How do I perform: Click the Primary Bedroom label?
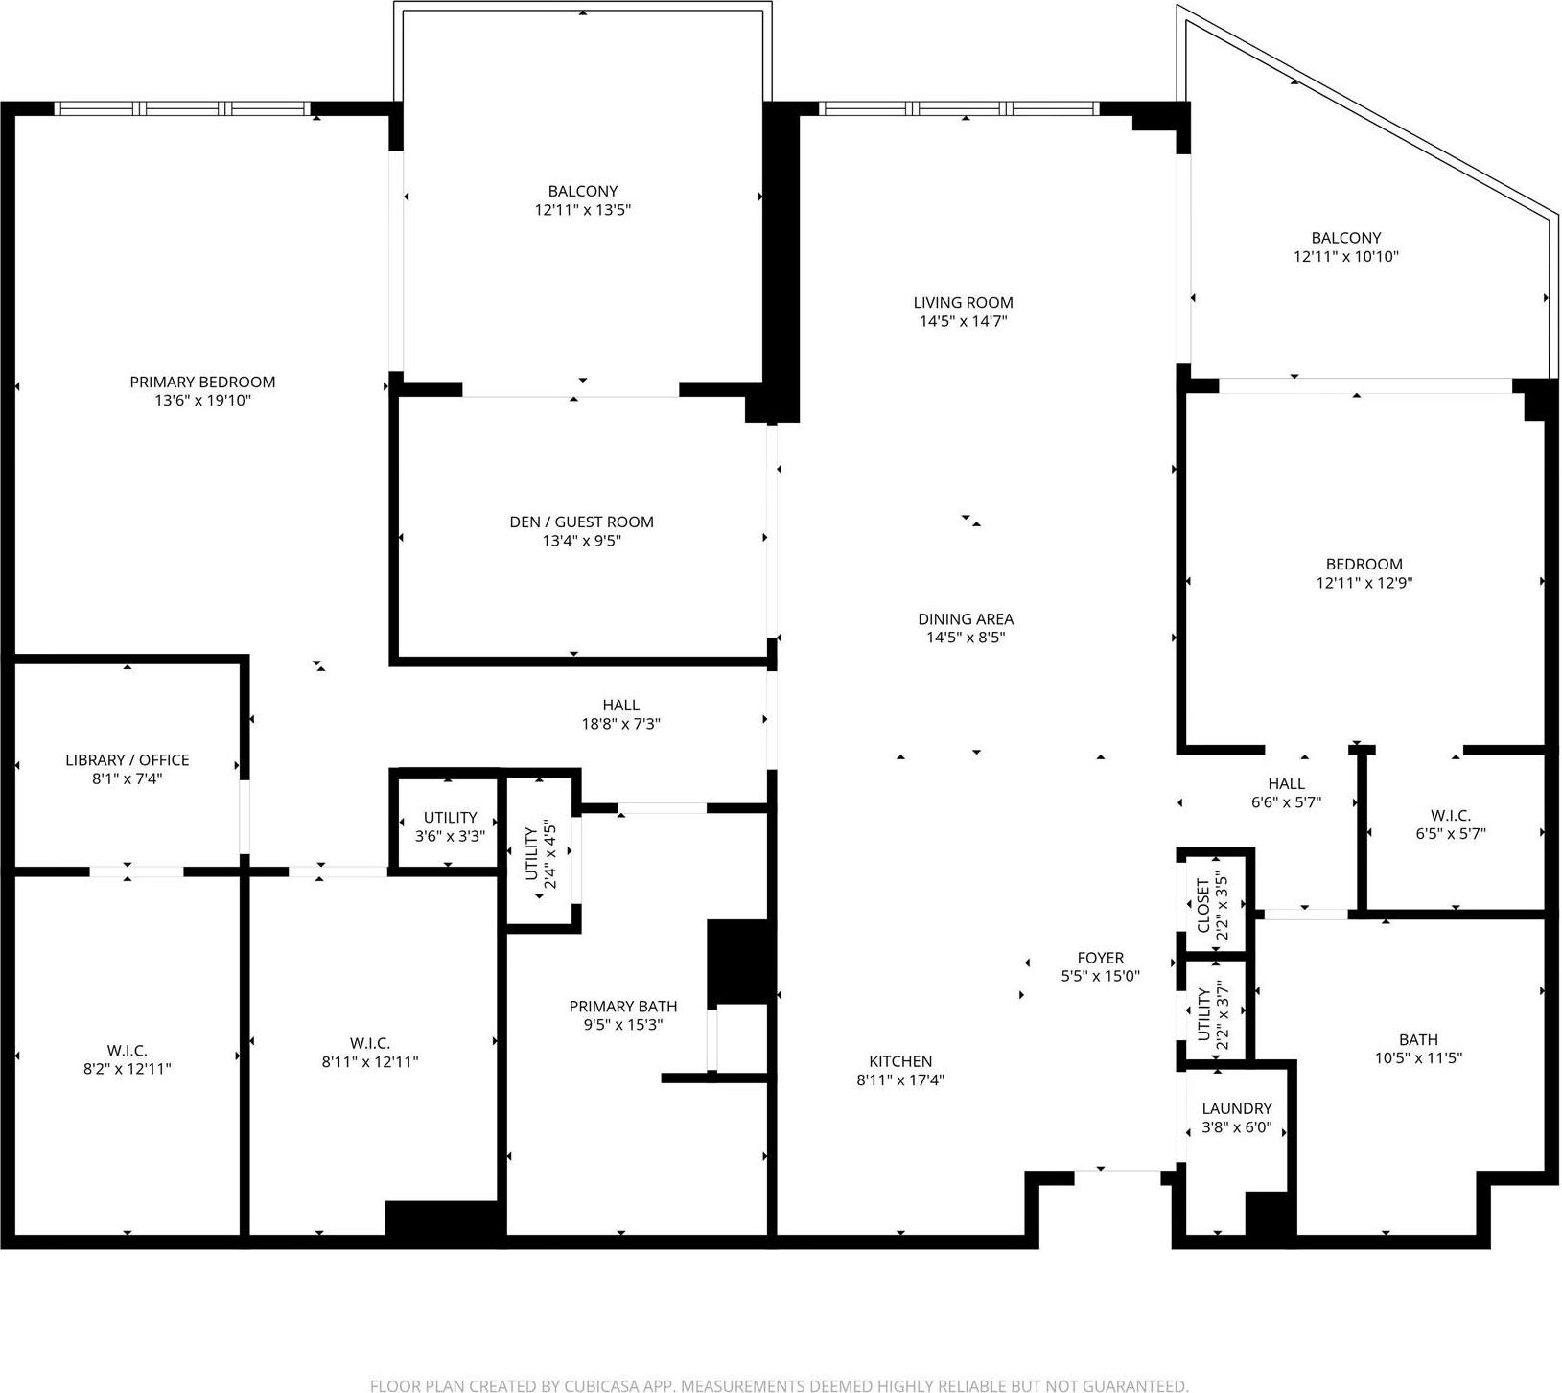coord(202,382)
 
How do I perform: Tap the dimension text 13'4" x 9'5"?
coord(581,541)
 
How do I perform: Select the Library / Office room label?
coord(128,760)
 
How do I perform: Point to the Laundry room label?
coord(1237,1108)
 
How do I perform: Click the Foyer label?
coord(1100,958)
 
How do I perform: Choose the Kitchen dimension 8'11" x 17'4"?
coord(900,1080)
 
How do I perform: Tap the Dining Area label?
coord(966,619)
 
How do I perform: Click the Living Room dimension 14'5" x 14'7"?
coord(963,321)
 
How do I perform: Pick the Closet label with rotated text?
coord(1202,906)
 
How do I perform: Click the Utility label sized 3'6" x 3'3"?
coord(450,818)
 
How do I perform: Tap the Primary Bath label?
coord(623,1007)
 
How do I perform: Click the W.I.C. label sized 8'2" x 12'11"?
coord(128,1051)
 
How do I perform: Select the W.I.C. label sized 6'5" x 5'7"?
coord(1450,816)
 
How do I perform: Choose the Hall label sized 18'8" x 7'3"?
coord(620,706)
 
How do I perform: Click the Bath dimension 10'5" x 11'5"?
coord(1418,1058)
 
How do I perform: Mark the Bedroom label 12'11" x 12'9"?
coord(1364,565)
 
